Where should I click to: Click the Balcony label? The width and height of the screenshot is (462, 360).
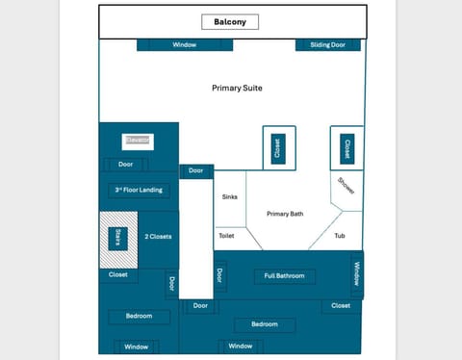pyautogui.click(x=229, y=21)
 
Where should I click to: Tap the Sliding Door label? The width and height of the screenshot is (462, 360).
pyautogui.click(x=328, y=44)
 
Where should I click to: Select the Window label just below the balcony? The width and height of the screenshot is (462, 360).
pyautogui.click(x=185, y=44)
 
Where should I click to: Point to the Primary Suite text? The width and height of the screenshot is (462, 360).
pyautogui.click(x=237, y=88)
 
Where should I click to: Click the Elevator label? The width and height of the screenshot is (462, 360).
pyautogui.click(x=138, y=141)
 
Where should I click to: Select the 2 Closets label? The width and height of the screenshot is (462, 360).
pyautogui.click(x=158, y=236)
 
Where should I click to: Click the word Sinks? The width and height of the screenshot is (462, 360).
pyautogui.click(x=229, y=197)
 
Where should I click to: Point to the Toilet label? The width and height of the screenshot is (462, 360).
pyautogui.click(x=226, y=235)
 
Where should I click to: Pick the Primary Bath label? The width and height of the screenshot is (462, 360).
pyautogui.click(x=285, y=214)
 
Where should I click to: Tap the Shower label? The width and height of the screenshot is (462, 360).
pyautogui.click(x=346, y=187)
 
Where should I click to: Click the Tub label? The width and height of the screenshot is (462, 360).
pyautogui.click(x=340, y=235)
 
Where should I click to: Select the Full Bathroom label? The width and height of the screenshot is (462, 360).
pyautogui.click(x=284, y=276)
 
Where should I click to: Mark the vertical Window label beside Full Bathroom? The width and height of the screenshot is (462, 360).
pyautogui.click(x=356, y=274)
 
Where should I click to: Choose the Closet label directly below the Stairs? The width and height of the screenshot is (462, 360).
pyautogui.click(x=118, y=275)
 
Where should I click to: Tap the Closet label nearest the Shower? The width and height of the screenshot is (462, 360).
pyautogui.click(x=347, y=148)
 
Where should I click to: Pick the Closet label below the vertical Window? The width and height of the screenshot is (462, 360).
pyautogui.click(x=341, y=306)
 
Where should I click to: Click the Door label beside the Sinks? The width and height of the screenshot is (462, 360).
pyautogui.click(x=196, y=170)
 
